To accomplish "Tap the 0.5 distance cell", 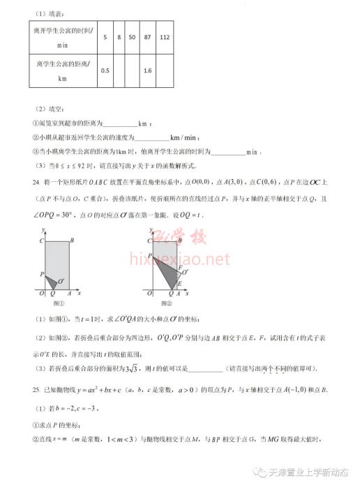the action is click(x=105, y=70).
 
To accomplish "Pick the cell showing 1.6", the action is click(x=147, y=70).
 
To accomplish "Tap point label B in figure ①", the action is click(x=74, y=241).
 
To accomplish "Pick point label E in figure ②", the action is click(x=181, y=284).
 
